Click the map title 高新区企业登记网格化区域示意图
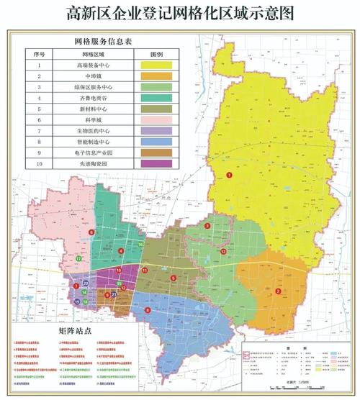click(180, 12)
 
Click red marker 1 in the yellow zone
click(230, 175)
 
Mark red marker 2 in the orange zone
click(278, 291)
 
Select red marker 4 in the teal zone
click(121, 250)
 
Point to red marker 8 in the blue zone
click(148, 310)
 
